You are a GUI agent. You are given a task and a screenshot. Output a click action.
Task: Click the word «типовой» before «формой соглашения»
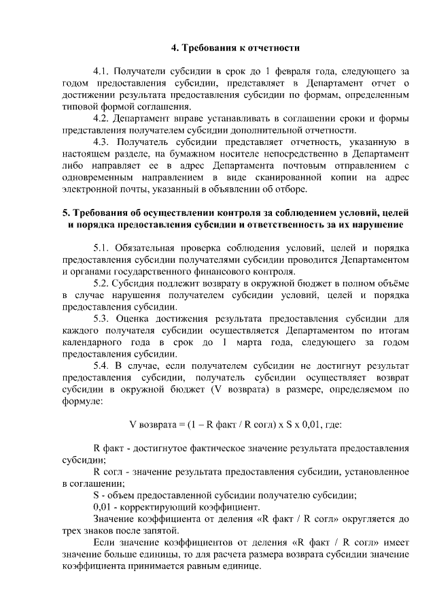pyautogui.click(x=80, y=106)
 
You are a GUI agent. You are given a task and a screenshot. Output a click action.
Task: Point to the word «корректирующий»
pyautogui.click(x=147, y=507)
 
